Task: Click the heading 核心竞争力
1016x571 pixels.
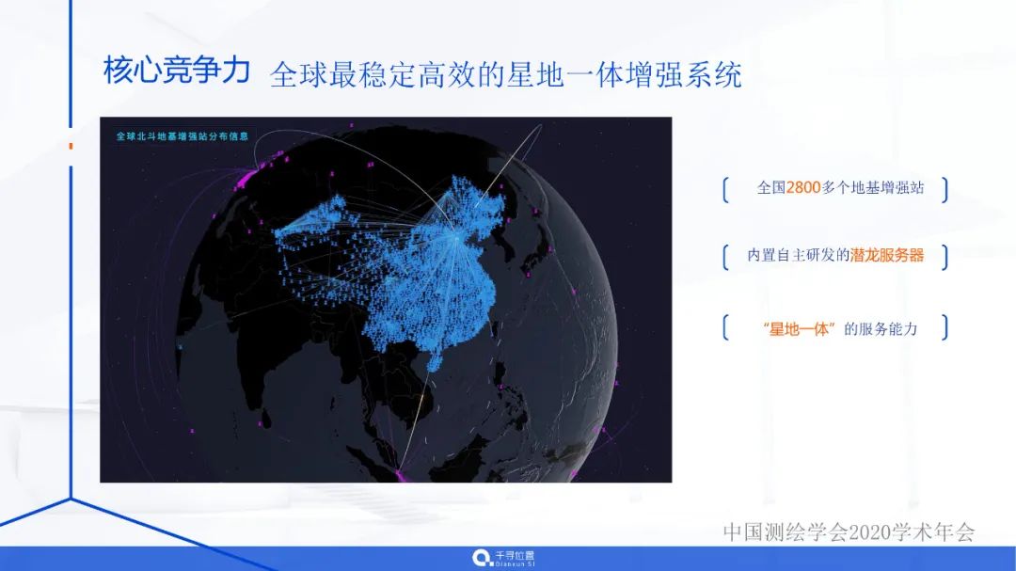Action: coord(176,71)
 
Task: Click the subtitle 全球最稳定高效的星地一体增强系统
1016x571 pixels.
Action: coord(505,74)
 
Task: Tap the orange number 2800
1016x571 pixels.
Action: coord(803,187)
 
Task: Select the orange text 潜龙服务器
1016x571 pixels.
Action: coord(887,255)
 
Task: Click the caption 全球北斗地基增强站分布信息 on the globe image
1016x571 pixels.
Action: coord(182,135)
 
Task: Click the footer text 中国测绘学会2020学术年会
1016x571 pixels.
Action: coord(849,531)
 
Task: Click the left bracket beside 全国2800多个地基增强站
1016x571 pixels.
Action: coord(725,188)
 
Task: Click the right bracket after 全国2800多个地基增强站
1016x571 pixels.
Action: coord(944,188)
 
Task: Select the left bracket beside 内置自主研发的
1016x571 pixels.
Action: coord(725,256)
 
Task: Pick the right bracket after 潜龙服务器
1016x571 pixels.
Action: coord(944,256)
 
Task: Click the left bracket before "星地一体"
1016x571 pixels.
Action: coord(725,328)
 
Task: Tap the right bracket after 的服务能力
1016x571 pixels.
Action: coord(944,328)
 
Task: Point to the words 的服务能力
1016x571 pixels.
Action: coord(881,328)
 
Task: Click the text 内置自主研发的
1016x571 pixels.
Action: coord(798,255)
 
